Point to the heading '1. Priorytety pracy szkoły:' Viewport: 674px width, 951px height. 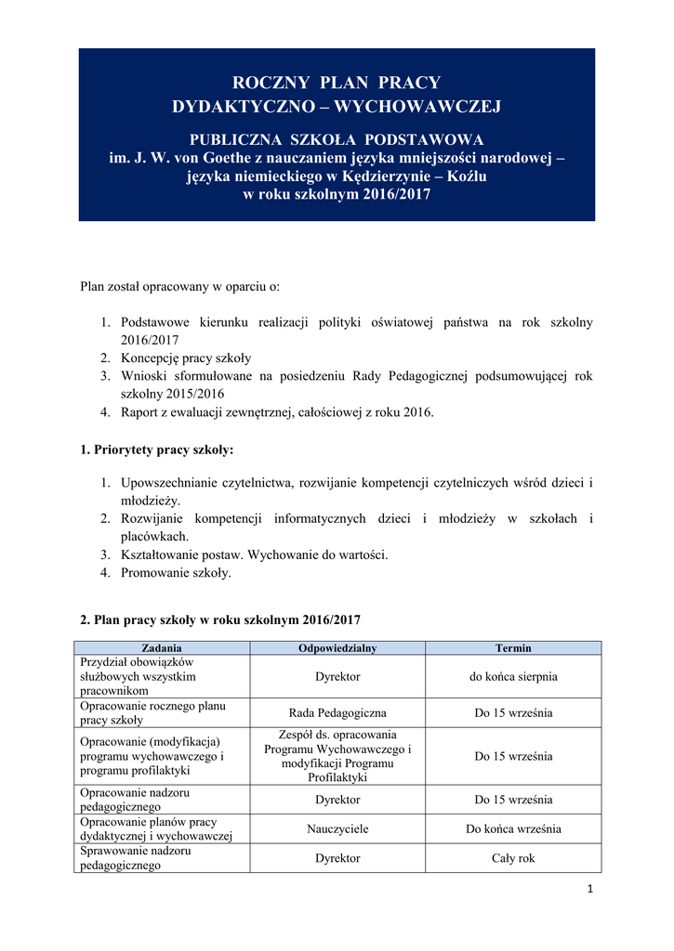(157, 450)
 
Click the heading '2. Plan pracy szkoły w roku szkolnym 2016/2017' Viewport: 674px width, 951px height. (220, 619)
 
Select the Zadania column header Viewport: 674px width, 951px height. (161, 648)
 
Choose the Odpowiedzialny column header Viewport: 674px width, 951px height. (337, 648)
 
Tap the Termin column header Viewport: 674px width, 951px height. (513, 648)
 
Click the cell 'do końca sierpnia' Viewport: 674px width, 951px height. (513, 677)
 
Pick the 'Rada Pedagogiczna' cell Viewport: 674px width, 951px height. (337, 713)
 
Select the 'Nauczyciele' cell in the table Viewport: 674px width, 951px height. (337, 829)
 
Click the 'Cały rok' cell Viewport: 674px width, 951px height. (513, 858)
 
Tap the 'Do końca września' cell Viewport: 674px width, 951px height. (513, 829)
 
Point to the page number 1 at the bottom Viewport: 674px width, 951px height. (589, 890)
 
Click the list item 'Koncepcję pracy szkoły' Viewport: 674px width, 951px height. (186, 358)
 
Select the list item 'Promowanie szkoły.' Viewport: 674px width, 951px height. (176, 573)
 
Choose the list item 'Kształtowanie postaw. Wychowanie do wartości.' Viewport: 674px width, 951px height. (254, 554)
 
